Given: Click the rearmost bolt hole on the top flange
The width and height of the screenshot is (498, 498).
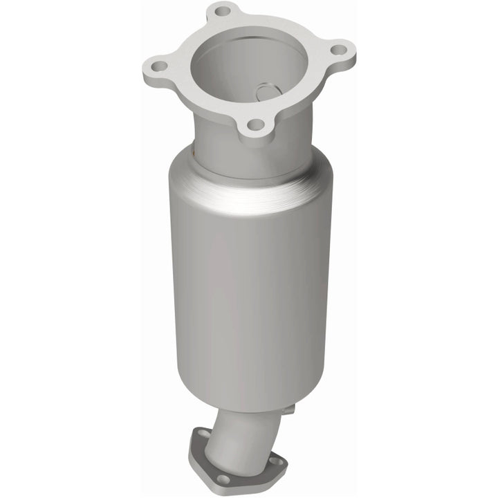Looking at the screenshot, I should point(222,11).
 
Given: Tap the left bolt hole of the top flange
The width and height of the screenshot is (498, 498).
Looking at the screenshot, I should point(158,67).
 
